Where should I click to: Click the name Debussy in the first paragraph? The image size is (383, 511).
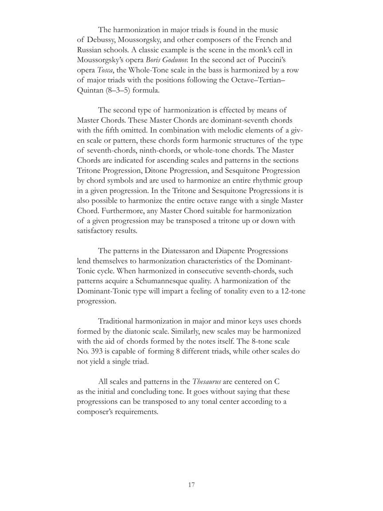tap(100, 40)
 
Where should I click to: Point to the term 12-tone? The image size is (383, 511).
tap(291, 291)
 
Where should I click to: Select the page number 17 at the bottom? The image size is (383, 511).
tap(191, 485)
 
